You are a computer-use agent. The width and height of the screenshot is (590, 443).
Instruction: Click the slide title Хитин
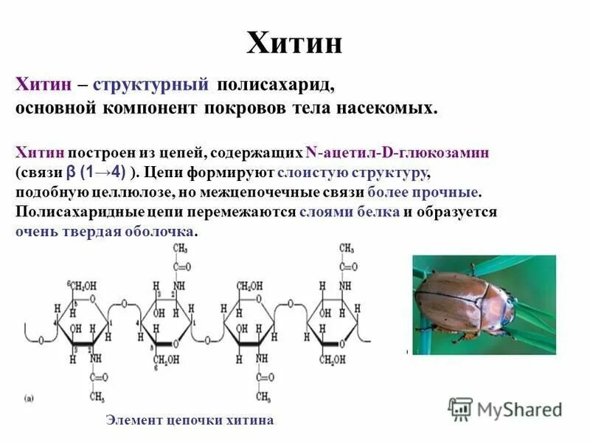pyautogui.click(x=294, y=44)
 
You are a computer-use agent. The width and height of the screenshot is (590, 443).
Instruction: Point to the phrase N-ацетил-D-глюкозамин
pyautogui.click(x=397, y=153)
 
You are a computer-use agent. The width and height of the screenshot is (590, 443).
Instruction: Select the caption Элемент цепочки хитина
pyautogui.click(x=190, y=420)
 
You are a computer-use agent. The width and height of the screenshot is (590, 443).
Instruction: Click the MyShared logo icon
pyautogui.click(x=460, y=408)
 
